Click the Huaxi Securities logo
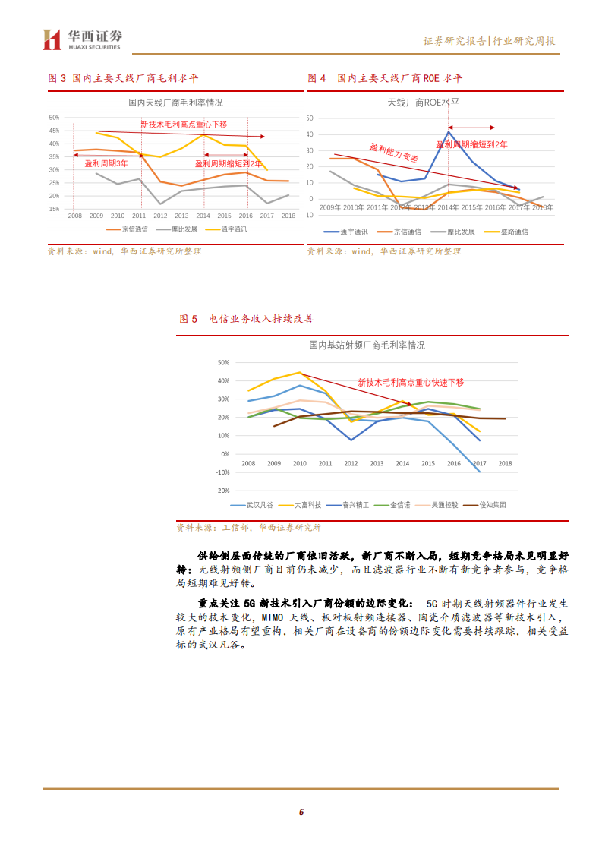[82, 39]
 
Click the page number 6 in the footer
[301, 813]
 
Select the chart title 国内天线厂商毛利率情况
[175, 103]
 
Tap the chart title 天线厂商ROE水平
[423, 103]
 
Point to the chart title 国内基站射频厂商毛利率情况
[367, 345]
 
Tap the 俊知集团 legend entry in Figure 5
[487, 504]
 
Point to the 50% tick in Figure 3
[53, 118]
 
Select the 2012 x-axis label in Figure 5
[351, 463]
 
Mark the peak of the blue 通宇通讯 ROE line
[449, 131]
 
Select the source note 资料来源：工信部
[248, 527]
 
